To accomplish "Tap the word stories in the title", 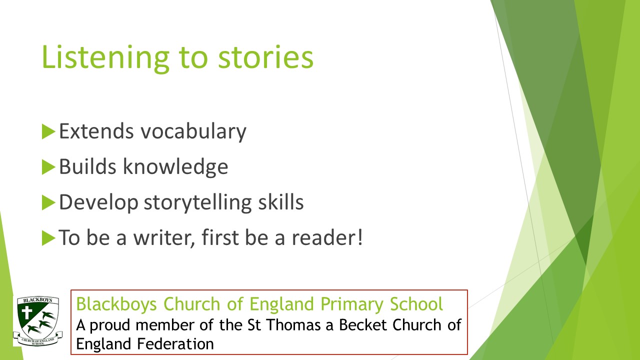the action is tap(265, 57).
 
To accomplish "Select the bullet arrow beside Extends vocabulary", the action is tap(48, 131).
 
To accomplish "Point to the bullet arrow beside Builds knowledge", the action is tap(48, 167).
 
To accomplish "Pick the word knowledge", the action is tap(175, 167).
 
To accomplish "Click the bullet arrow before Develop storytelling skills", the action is tap(48, 202).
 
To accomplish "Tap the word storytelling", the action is tap(197, 203).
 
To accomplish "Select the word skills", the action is tap(281, 202).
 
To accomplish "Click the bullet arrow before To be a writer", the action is tap(48, 237).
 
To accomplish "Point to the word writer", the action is tap(164, 237).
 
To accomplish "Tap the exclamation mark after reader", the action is tap(360, 237).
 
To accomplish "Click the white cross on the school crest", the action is tap(27, 312).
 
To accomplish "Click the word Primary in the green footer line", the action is tap(352, 304).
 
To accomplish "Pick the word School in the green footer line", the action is tap(416, 303).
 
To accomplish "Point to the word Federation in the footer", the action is tap(175, 343).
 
